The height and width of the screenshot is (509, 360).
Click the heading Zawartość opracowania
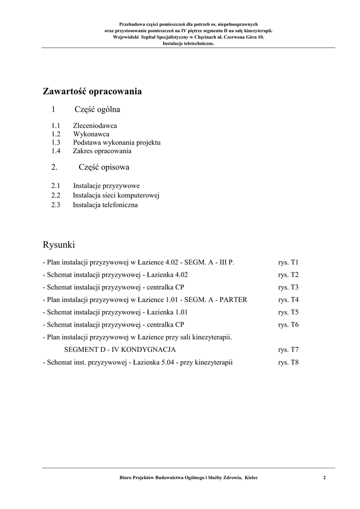[92, 91]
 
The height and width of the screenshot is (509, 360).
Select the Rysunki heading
[59, 245]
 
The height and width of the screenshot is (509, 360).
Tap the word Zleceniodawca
[95, 126]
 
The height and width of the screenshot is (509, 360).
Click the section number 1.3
[56, 143]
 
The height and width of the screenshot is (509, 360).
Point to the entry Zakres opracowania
[102, 151]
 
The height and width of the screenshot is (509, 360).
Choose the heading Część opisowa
[104, 168]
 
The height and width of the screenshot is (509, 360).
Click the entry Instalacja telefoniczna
[105, 205]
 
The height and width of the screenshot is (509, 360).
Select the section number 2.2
[56, 195]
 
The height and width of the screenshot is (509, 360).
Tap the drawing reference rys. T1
[288, 262]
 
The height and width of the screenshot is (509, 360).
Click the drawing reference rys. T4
[288, 300]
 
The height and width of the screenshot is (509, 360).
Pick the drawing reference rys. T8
[288, 362]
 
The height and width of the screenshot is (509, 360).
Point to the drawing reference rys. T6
[288, 325]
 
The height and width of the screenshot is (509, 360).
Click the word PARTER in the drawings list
[233, 300]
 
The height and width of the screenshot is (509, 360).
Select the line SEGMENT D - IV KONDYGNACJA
[120, 350]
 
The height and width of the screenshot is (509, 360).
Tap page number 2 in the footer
[324, 478]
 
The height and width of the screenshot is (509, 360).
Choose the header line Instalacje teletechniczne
[188, 43]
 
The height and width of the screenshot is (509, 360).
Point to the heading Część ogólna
[97, 109]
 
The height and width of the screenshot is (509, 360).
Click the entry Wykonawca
[91, 134]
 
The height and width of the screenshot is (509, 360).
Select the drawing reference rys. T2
[288, 275]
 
